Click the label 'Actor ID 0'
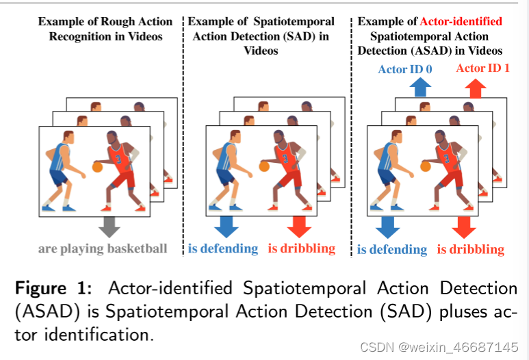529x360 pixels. pos(405,68)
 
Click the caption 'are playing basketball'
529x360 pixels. pos(103,248)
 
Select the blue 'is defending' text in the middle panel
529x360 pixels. pos(223,248)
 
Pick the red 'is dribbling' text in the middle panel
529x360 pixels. pos(302,248)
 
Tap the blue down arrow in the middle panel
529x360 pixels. pos(224,225)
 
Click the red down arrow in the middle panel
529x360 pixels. pos(299,225)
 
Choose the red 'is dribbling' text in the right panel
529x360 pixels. pos(470,249)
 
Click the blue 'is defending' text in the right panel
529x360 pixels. pos(392,249)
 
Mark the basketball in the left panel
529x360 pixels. pos(97,166)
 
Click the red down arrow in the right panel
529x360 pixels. pos(464,226)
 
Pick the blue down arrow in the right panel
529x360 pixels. pos(387,226)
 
